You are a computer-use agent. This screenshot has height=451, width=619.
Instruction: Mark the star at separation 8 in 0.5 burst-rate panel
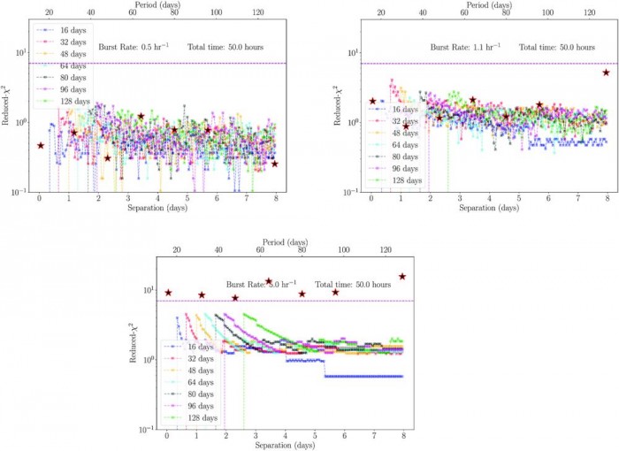pyautogui.click(x=275, y=164)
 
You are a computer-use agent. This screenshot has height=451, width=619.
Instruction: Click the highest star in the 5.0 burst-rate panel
pyautogui.click(x=402, y=277)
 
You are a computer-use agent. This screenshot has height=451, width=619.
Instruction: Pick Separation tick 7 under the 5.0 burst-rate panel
pyautogui.click(x=374, y=436)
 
